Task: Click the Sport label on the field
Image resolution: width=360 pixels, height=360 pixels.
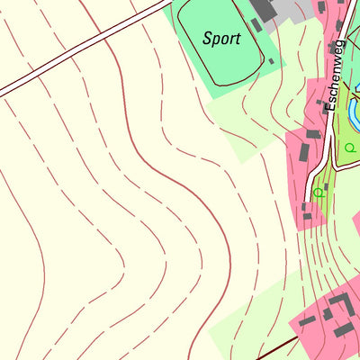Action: pos(220,39)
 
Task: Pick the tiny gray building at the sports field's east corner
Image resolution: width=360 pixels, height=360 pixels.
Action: pos(271,61)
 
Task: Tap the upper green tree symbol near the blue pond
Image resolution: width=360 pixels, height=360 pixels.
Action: pos(350,147)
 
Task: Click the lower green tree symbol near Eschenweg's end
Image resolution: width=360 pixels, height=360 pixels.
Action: pos(318,191)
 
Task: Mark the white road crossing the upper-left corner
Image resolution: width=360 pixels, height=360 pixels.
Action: pos(81,49)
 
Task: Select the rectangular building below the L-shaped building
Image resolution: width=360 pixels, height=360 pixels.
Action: pos(343,330)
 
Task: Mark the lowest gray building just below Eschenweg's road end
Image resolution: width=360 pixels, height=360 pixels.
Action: pos(308,216)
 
